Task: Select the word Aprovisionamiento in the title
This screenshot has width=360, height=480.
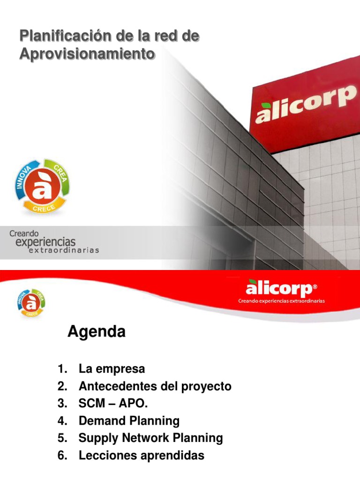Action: pyautogui.click(x=87, y=54)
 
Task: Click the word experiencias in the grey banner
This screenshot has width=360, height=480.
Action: pyautogui.click(x=45, y=241)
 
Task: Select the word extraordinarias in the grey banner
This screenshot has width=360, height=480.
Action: pyautogui.click(x=64, y=250)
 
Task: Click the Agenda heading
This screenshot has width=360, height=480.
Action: pyautogui.click(x=97, y=332)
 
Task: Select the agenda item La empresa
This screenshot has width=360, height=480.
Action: pyautogui.click(x=112, y=369)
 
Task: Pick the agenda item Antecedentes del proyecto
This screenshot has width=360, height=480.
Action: pyautogui.click(x=155, y=386)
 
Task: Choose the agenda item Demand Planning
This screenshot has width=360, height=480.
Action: pyautogui.click(x=129, y=420)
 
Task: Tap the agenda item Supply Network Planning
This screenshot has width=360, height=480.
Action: pyautogui.click(x=150, y=438)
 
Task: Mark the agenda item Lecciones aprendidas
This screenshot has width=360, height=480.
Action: pyautogui.click(x=142, y=455)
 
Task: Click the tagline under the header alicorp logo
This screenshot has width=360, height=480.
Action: pyautogui.click(x=281, y=301)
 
